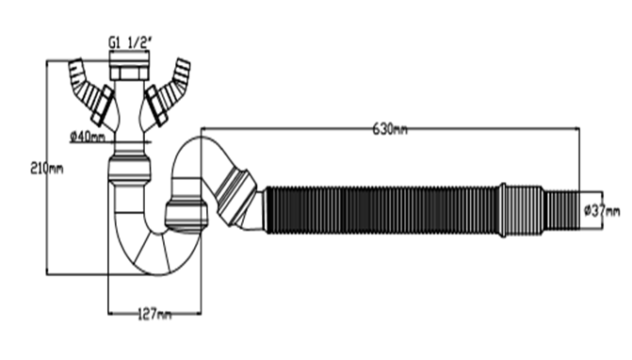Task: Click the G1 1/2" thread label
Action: point(129,42)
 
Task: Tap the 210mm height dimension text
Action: point(47,168)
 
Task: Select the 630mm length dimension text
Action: point(390,129)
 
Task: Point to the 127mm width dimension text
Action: point(154,314)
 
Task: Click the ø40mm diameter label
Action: point(88,137)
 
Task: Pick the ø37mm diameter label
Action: point(602,210)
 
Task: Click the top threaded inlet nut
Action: point(129,65)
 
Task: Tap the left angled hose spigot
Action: point(84,82)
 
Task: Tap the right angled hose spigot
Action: point(174,82)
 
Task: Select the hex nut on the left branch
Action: point(103,106)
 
